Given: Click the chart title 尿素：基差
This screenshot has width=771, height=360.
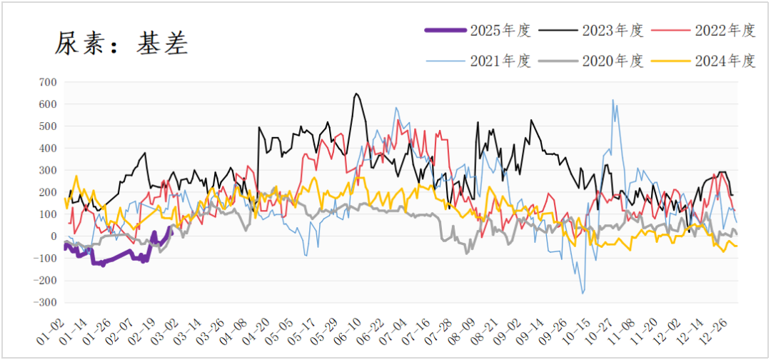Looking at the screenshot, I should pyautogui.click(x=121, y=44).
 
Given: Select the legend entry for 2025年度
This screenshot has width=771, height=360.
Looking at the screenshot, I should pyautogui.click(x=500, y=30).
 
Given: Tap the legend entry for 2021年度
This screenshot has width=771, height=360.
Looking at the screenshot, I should pyautogui.click(x=500, y=61).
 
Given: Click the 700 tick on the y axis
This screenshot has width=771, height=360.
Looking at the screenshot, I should pyautogui.click(x=46, y=82).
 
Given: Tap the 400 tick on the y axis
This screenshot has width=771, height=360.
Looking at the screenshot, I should pyautogui.click(x=46, y=149).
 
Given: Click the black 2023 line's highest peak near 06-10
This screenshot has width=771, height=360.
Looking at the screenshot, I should pyautogui.click(x=356, y=94).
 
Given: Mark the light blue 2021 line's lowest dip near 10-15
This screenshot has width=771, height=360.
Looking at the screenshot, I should pyautogui.click(x=583, y=293).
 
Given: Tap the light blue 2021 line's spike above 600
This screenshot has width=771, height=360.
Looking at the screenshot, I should pyautogui.click(x=613, y=100).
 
